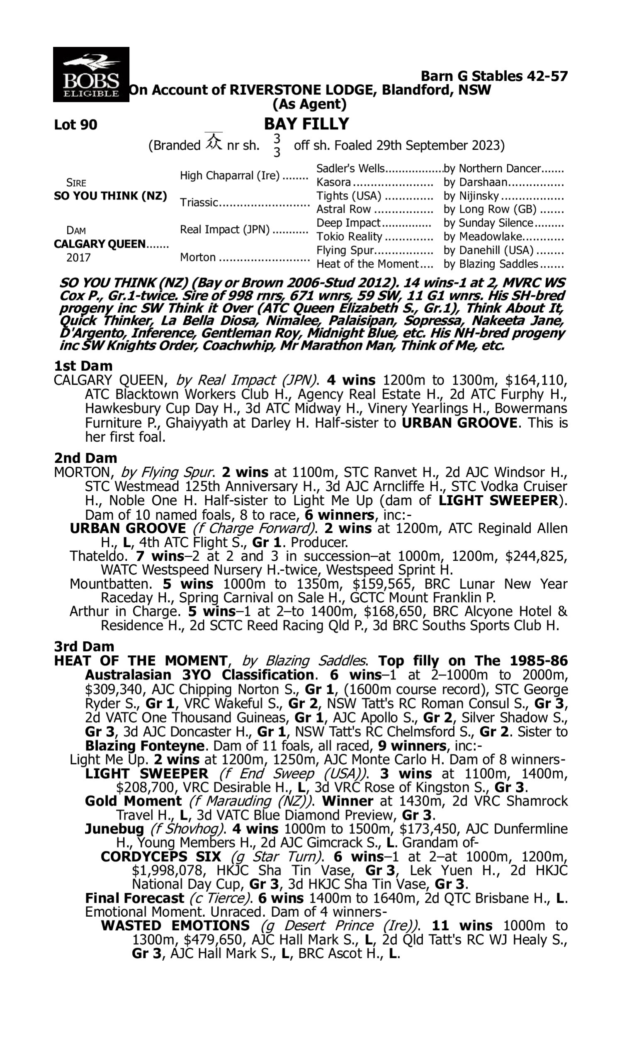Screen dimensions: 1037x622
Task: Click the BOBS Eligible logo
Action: pos(91,74)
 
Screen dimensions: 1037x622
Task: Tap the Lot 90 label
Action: pos(75,124)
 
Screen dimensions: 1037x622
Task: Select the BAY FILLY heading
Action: pos(306,124)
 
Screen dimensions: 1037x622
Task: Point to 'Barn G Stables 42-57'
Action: pos(494,76)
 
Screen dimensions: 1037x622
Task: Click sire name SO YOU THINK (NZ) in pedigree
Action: pos(110,196)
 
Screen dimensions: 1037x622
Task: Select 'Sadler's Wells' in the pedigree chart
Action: pos(350,168)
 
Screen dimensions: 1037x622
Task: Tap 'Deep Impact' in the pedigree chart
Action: pos(348,223)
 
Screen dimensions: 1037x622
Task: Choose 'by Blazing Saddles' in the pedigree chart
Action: pos(491,264)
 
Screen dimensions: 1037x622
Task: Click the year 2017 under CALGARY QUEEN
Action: pos(78,257)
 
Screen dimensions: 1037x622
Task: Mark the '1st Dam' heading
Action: pos(83,366)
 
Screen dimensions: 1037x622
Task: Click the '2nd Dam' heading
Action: pos(85,458)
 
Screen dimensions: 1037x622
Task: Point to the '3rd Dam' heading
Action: pos(84,646)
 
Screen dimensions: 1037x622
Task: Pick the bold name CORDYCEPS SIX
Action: pos(161,856)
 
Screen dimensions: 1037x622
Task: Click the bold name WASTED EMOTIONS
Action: pos(175,925)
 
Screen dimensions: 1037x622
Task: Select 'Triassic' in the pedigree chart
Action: pos(199,202)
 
